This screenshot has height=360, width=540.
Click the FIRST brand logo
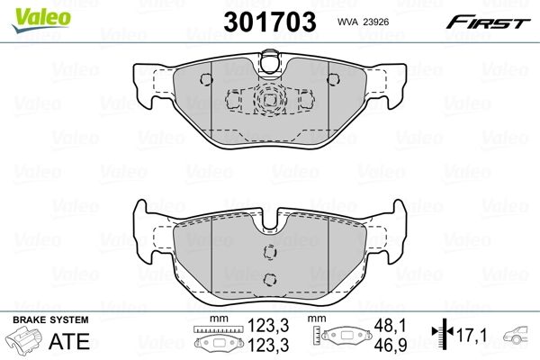[x=499, y=21]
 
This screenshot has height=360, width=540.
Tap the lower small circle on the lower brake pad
[x=269, y=277]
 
